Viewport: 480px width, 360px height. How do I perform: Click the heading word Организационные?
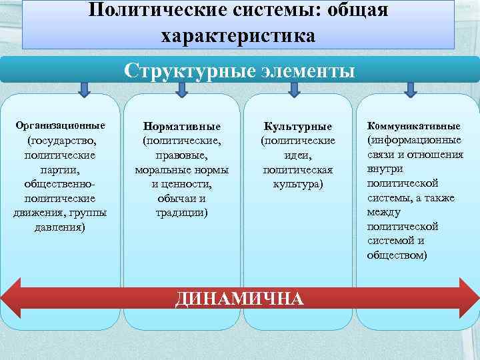point(61,125)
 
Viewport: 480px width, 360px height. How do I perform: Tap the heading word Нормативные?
point(182,126)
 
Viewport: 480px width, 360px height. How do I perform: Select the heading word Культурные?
point(298,126)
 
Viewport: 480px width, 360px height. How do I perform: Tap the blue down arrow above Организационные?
point(85,89)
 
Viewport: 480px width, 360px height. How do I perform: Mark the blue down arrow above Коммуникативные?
point(411,89)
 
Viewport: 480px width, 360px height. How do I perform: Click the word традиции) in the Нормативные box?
point(182,213)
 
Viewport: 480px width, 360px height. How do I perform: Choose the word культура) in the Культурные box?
point(298,184)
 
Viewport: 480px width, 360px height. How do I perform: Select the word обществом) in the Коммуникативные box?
point(397,255)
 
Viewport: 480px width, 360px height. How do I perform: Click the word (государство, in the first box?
point(61,141)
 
